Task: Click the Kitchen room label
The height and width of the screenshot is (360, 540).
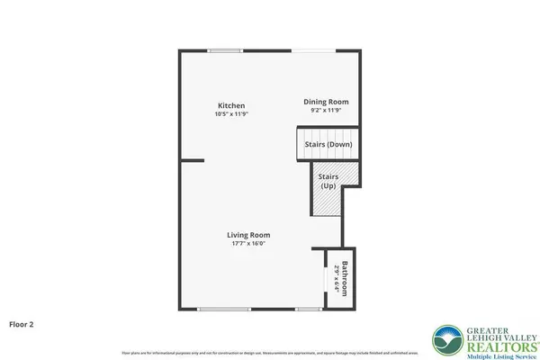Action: click(231, 105)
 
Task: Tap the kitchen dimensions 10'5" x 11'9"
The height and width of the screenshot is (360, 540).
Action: click(231, 114)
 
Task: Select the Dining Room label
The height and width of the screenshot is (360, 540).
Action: click(325, 102)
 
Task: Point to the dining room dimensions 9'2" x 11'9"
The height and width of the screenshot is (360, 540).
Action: click(325, 111)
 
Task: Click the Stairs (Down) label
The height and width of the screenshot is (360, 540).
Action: click(328, 144)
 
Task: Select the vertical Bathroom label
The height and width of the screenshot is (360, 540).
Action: click(344, 278)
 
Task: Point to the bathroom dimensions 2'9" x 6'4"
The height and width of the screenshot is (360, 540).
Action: click(334, 278)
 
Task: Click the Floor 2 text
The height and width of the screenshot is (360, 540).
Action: click(22, 322)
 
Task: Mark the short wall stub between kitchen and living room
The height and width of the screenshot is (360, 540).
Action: click(192, 161)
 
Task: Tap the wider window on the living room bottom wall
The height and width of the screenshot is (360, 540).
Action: click(224, 310)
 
